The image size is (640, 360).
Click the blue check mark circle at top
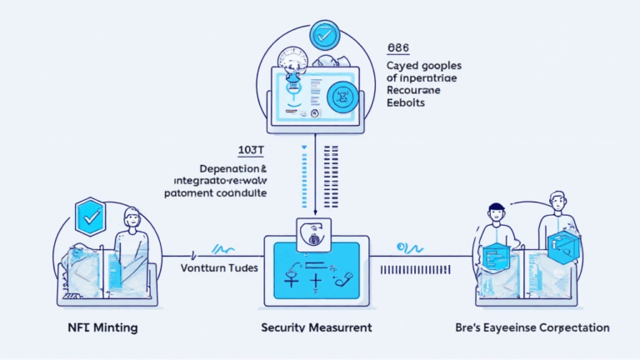click(322, 35)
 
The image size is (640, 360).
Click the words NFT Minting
click(90, 327)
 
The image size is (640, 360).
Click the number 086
click(398, 48)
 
